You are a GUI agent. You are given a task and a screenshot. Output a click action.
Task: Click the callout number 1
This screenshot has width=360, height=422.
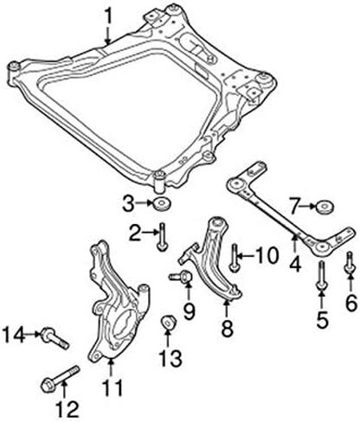108,16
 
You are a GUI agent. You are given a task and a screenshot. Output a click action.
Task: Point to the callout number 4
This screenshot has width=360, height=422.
296,264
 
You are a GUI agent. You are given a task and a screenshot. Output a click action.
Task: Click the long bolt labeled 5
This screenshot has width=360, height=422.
321,275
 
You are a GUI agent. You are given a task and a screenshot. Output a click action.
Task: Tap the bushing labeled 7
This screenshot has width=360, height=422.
325,207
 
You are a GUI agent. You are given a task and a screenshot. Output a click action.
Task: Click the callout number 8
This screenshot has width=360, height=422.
227,328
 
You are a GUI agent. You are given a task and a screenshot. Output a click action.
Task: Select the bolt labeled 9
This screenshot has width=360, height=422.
181,277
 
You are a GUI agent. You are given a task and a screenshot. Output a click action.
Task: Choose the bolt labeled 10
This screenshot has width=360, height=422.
234,259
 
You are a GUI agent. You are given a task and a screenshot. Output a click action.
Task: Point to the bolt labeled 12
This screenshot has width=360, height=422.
61,379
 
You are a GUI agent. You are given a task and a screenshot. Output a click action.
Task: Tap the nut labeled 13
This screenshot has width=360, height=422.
168,323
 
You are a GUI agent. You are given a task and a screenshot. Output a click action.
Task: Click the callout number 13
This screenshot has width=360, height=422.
171,358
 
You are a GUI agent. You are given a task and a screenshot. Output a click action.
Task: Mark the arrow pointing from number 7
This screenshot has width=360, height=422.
309,206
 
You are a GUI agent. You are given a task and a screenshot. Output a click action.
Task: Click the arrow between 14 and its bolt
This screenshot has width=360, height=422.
33,334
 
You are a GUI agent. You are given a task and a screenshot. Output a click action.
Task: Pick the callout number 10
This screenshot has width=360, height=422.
267,256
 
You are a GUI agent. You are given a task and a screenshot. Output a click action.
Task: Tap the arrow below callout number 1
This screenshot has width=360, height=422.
108,35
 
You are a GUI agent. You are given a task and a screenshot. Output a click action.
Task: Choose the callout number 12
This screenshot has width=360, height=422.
67,409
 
